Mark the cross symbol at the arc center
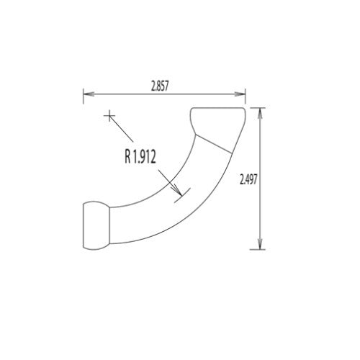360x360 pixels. tap(109, 114)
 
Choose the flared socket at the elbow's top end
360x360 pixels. tap(217, 123)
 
